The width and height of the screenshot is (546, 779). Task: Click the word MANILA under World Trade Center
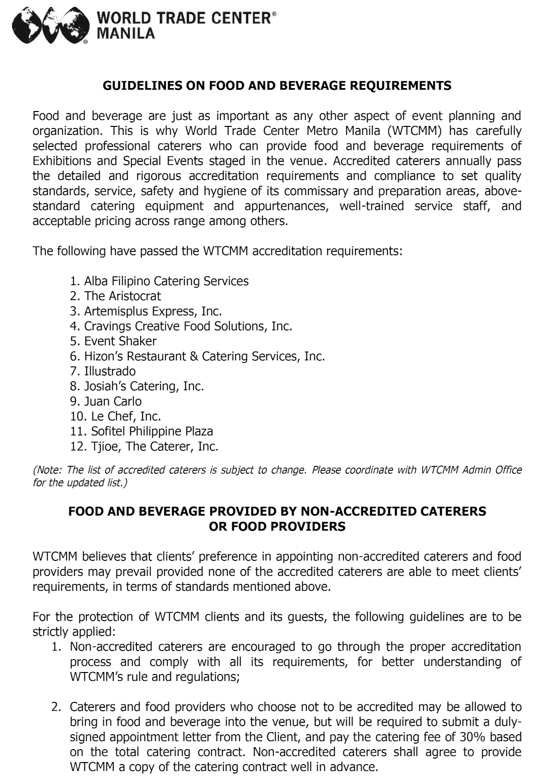125,33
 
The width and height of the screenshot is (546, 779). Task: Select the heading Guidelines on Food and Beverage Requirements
277,86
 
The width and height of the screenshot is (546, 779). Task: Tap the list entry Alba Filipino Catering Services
166,281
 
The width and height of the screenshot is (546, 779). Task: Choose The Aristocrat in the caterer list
122,296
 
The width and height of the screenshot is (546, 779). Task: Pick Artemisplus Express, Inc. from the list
153,311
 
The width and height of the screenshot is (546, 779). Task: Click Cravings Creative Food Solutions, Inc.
188,326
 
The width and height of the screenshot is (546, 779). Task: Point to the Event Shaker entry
120,341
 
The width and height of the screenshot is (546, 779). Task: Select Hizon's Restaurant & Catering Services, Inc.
204,356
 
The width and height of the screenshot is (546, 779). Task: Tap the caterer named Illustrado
109,371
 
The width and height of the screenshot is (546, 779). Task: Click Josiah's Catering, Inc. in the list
144,386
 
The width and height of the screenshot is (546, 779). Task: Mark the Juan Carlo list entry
112,401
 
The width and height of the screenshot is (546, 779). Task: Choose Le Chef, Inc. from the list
126,416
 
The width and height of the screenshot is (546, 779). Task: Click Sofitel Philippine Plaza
152,431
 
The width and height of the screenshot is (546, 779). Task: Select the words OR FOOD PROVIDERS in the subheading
277,526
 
